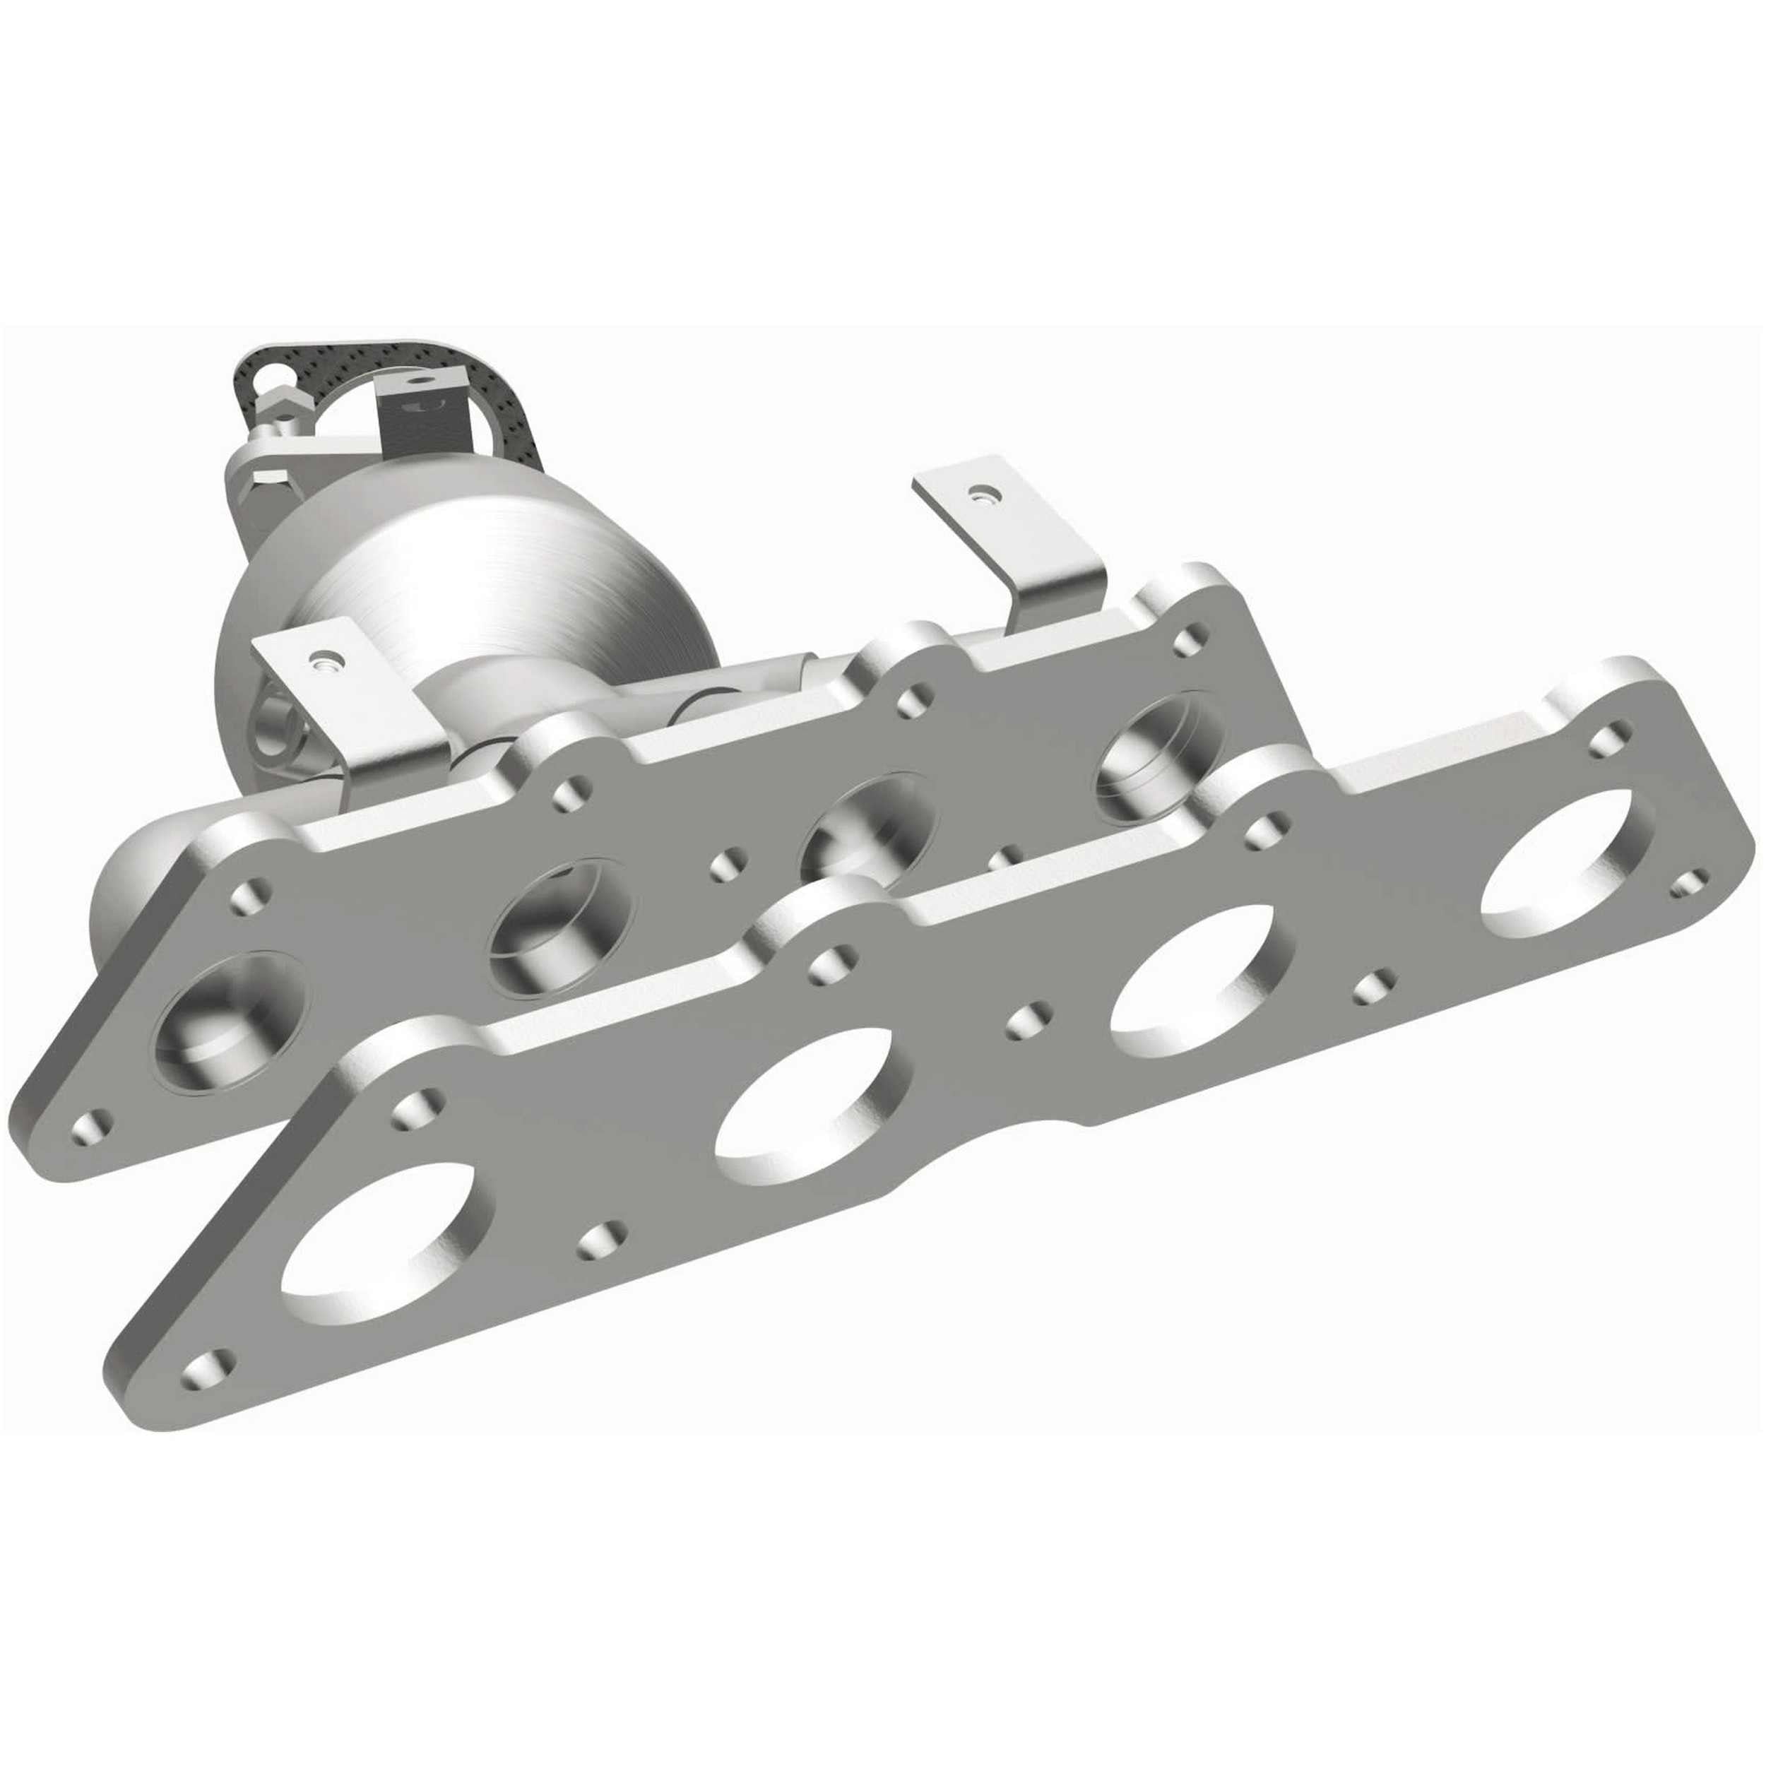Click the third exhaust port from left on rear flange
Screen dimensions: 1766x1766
click(x=868, y=827)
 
